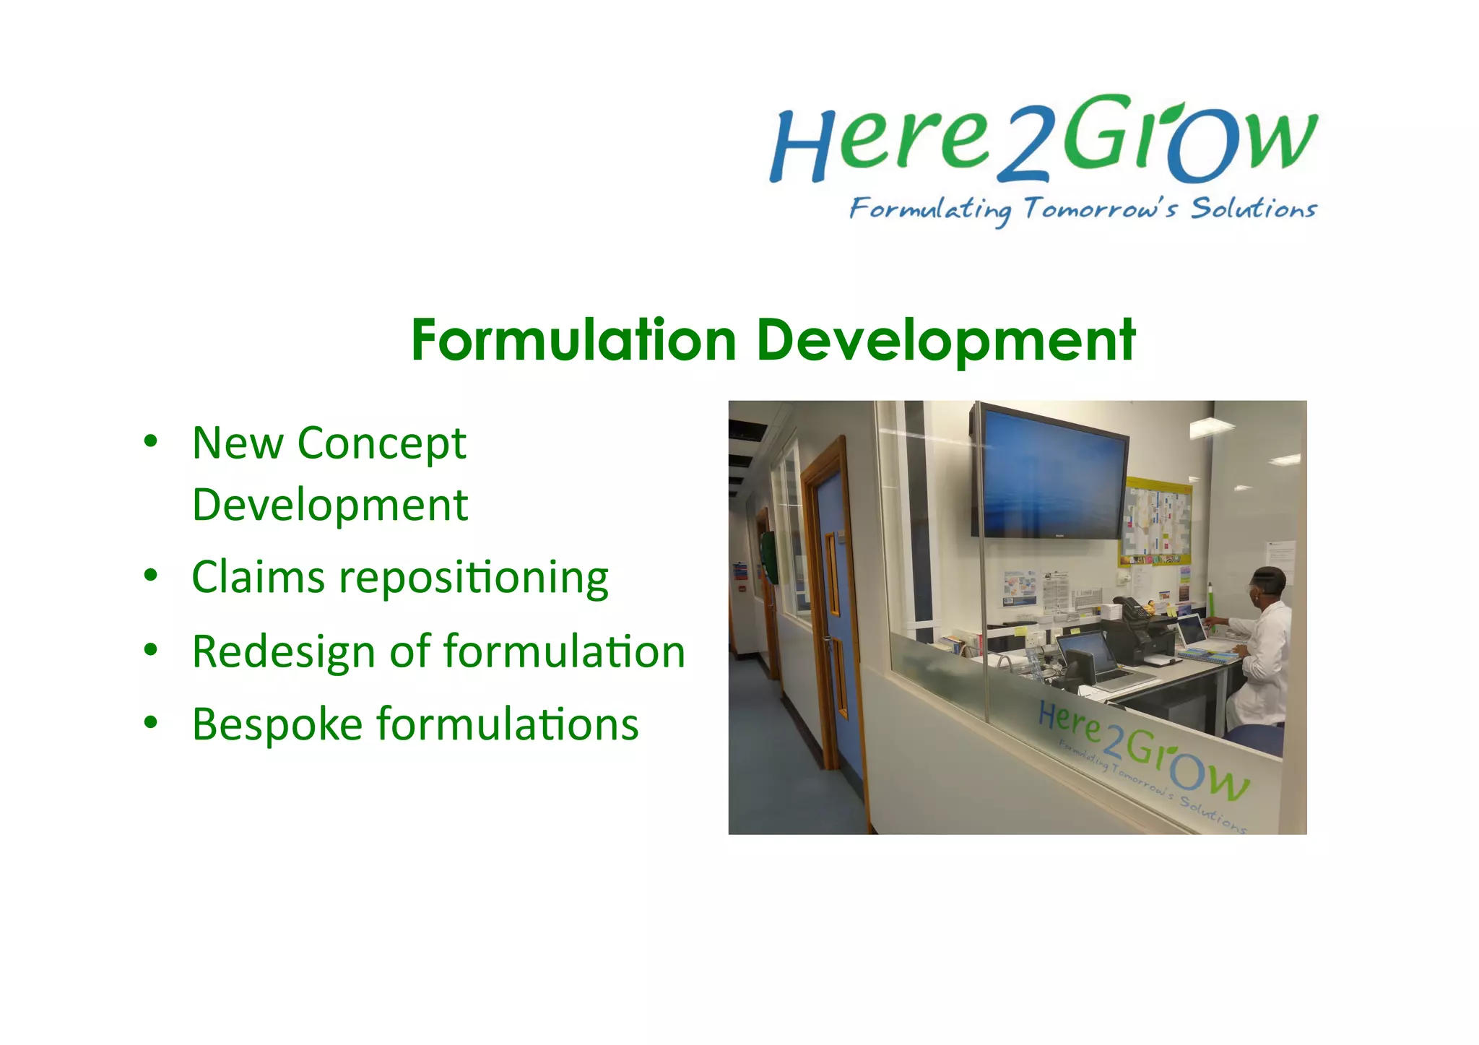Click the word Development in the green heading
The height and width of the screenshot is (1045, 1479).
945,341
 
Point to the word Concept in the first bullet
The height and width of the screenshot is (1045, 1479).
381,443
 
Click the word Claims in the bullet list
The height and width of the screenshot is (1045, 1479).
258,577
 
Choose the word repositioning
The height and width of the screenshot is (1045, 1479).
474,578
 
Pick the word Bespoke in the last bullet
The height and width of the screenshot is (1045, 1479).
277,724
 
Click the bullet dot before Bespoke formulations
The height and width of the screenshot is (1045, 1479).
150,722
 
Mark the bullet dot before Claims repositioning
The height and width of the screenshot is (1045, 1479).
150,575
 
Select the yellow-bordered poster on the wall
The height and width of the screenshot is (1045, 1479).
1155,520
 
